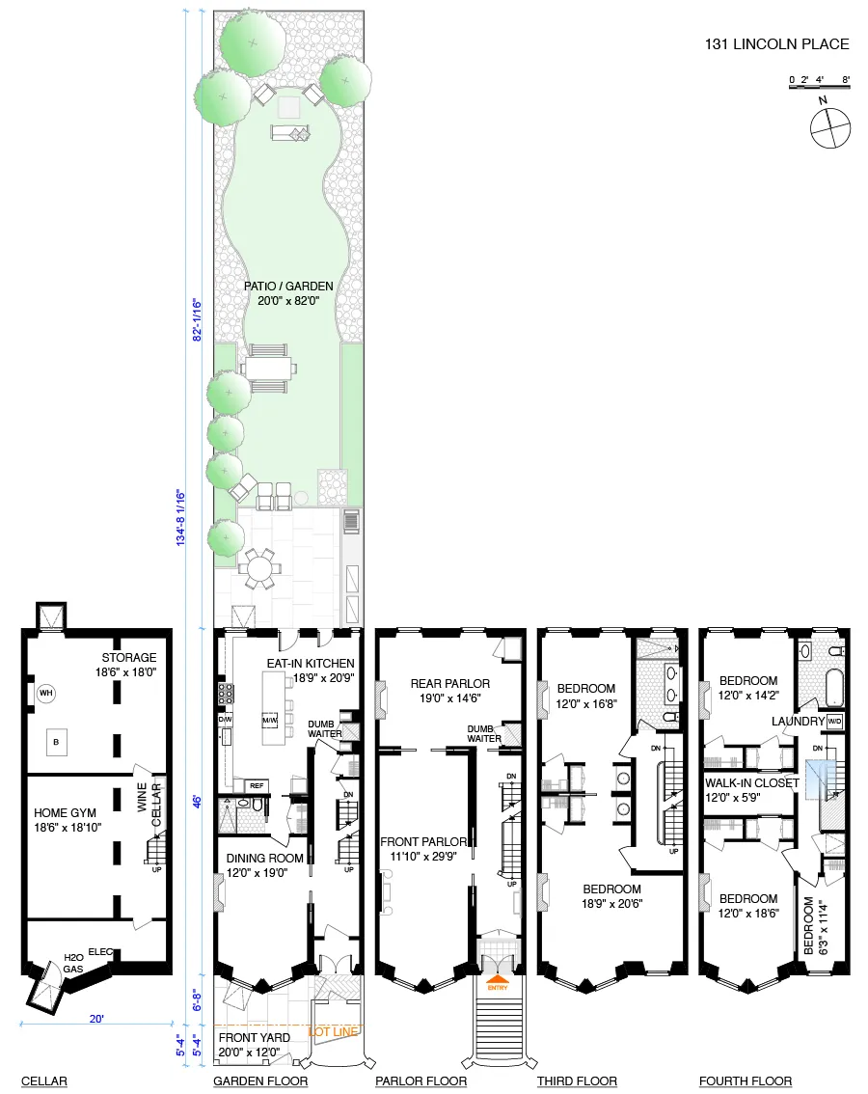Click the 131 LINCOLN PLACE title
tap(777, 44)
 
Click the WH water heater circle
tap(45, 693)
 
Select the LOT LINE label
tap(335, 1031)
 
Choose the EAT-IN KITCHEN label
tap(311, 664)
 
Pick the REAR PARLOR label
tap(449, 684)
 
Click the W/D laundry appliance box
tap(834, 722)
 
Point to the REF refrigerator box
tap(257, 785)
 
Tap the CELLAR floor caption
tap(44, 1081)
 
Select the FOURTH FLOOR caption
tap(746, 1081)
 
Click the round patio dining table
tap(259, 569)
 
